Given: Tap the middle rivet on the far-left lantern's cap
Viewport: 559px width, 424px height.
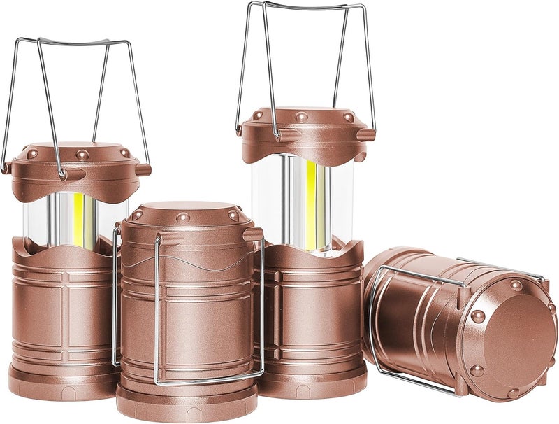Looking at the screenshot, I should [x=82, y=155].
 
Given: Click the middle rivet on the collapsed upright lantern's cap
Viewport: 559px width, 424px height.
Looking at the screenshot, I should [x=183, y=218].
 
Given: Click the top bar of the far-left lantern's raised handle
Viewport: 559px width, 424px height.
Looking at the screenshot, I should [x=73, y=41].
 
